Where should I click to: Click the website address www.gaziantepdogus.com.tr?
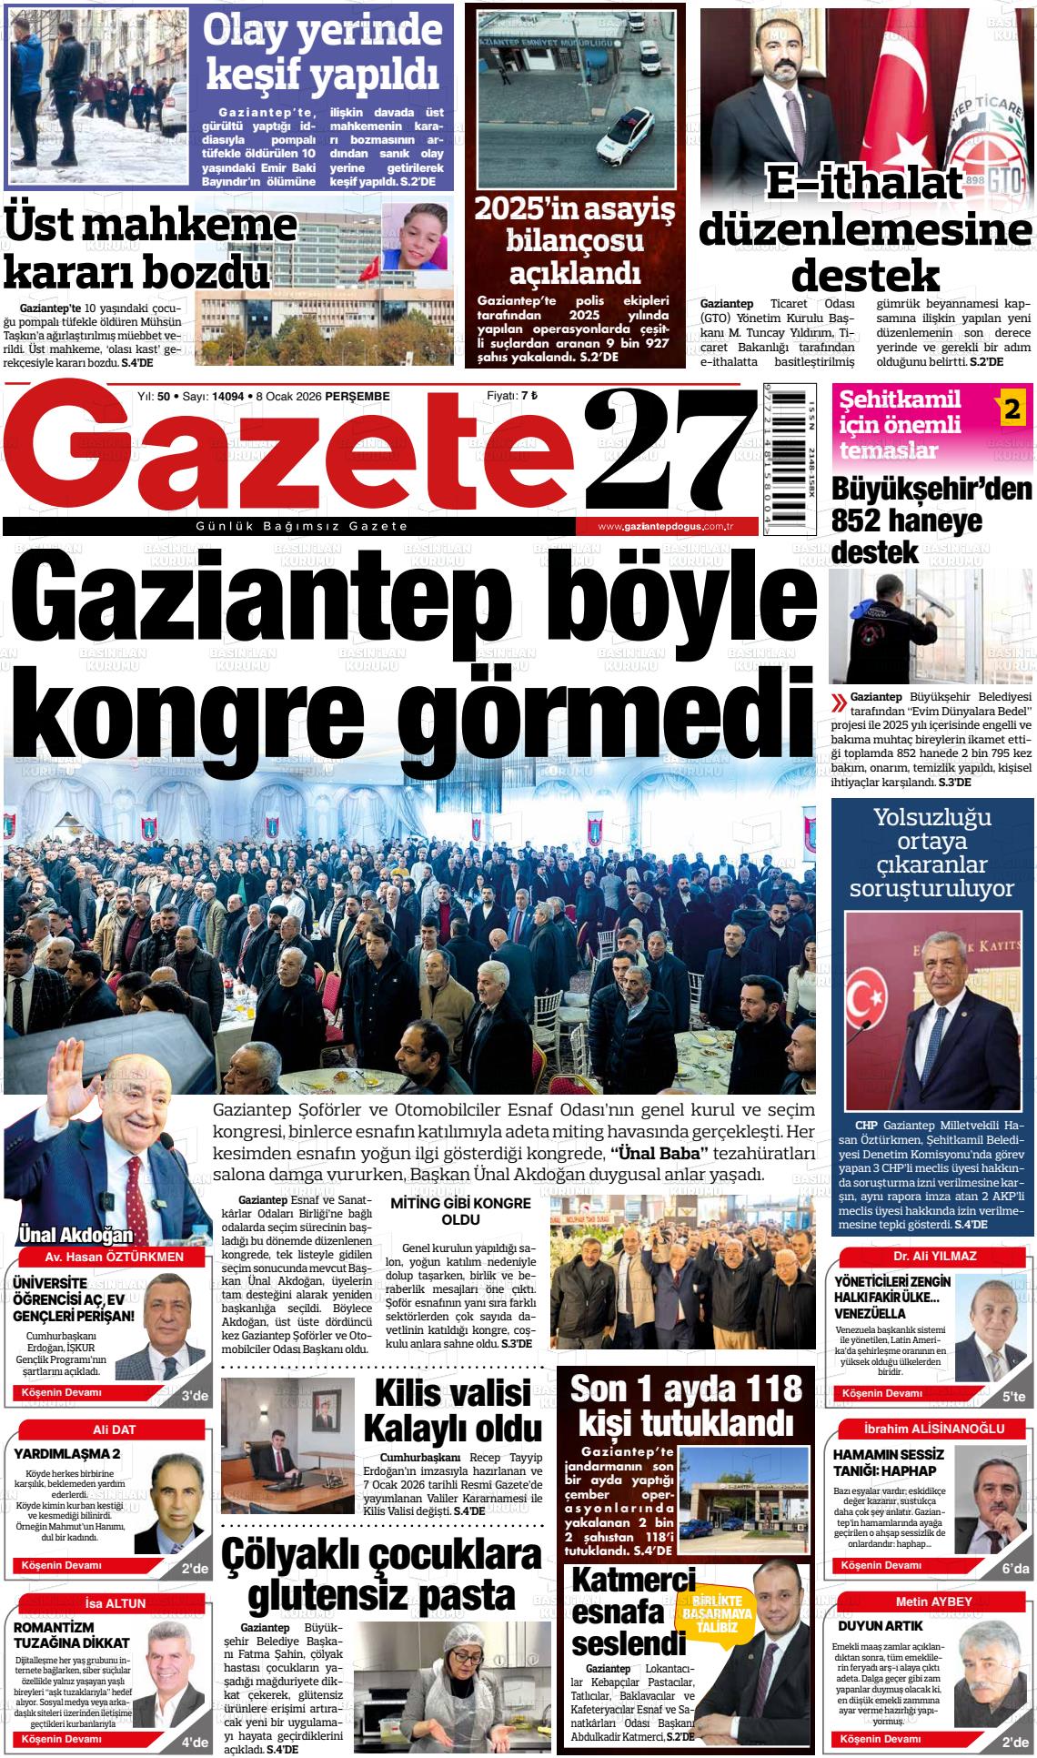point(666,528)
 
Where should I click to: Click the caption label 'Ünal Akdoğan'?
point(76,1236)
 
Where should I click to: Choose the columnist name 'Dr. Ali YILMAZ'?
point(934,1256)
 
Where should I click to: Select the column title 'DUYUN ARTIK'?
point(867,1625)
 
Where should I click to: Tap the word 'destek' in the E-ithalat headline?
point(864,273)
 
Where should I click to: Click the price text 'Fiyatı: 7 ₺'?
point(512,396)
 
